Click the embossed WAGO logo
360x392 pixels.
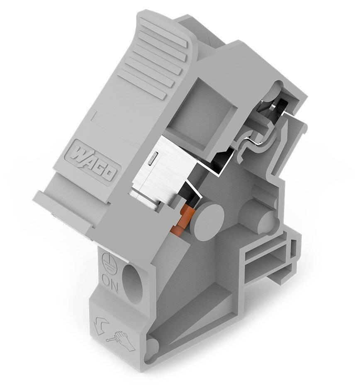[x=94, y=161]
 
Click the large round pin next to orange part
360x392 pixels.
[x=209, y=217]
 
